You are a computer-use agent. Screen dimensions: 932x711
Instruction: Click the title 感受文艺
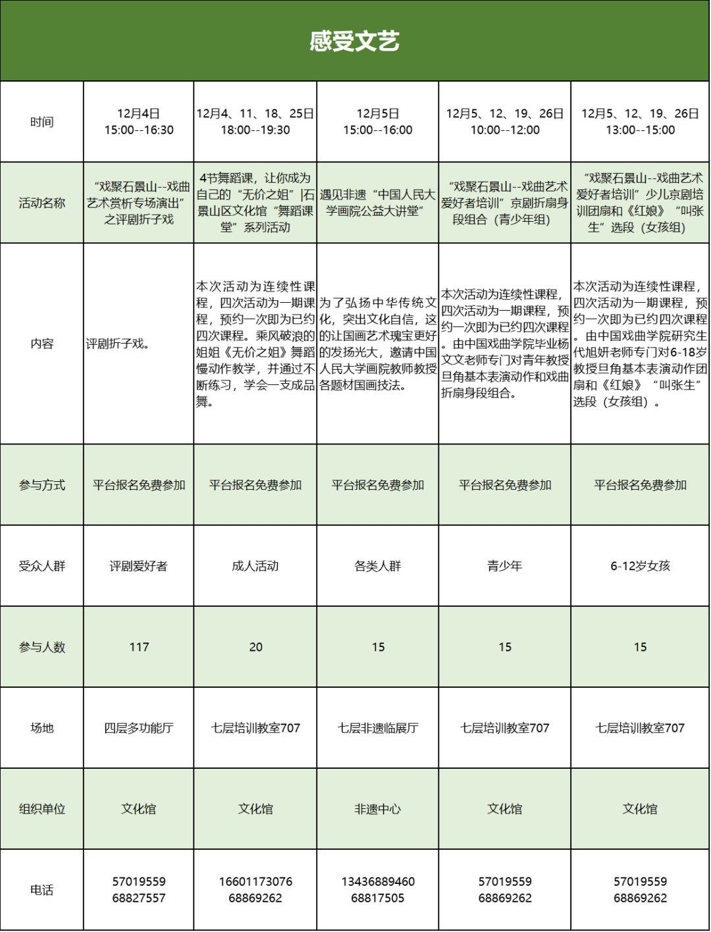(355, 41)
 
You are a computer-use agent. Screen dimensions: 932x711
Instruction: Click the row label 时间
(41, 122)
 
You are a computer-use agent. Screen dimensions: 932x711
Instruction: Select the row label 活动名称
(41, 203)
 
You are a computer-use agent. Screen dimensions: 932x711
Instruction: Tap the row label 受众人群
(41, 566)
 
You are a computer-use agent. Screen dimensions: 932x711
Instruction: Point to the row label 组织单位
(41, 809)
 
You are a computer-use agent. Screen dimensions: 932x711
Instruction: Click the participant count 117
(139, 647)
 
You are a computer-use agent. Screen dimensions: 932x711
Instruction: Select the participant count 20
(255, 647)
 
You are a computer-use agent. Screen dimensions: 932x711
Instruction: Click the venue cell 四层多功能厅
(139, 728)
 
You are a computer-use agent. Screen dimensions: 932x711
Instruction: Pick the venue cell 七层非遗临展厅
(378, 728)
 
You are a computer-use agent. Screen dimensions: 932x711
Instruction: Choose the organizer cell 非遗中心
(378, 809)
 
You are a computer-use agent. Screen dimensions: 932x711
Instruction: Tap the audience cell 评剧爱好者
(139, 566)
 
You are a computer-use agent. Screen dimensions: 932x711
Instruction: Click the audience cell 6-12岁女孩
(640, 566)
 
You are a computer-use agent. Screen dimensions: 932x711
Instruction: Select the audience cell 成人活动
(255, 566)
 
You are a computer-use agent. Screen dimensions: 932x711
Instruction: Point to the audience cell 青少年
(505, 566)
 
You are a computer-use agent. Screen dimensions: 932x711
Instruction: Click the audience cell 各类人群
(378, 566)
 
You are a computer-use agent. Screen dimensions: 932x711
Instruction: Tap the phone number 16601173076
(255, 881)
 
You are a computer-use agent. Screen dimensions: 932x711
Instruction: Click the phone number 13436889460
(378, 881)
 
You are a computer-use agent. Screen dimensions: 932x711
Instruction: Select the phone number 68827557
(139, 898)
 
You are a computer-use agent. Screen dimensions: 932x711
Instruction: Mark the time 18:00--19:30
(255, 130)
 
